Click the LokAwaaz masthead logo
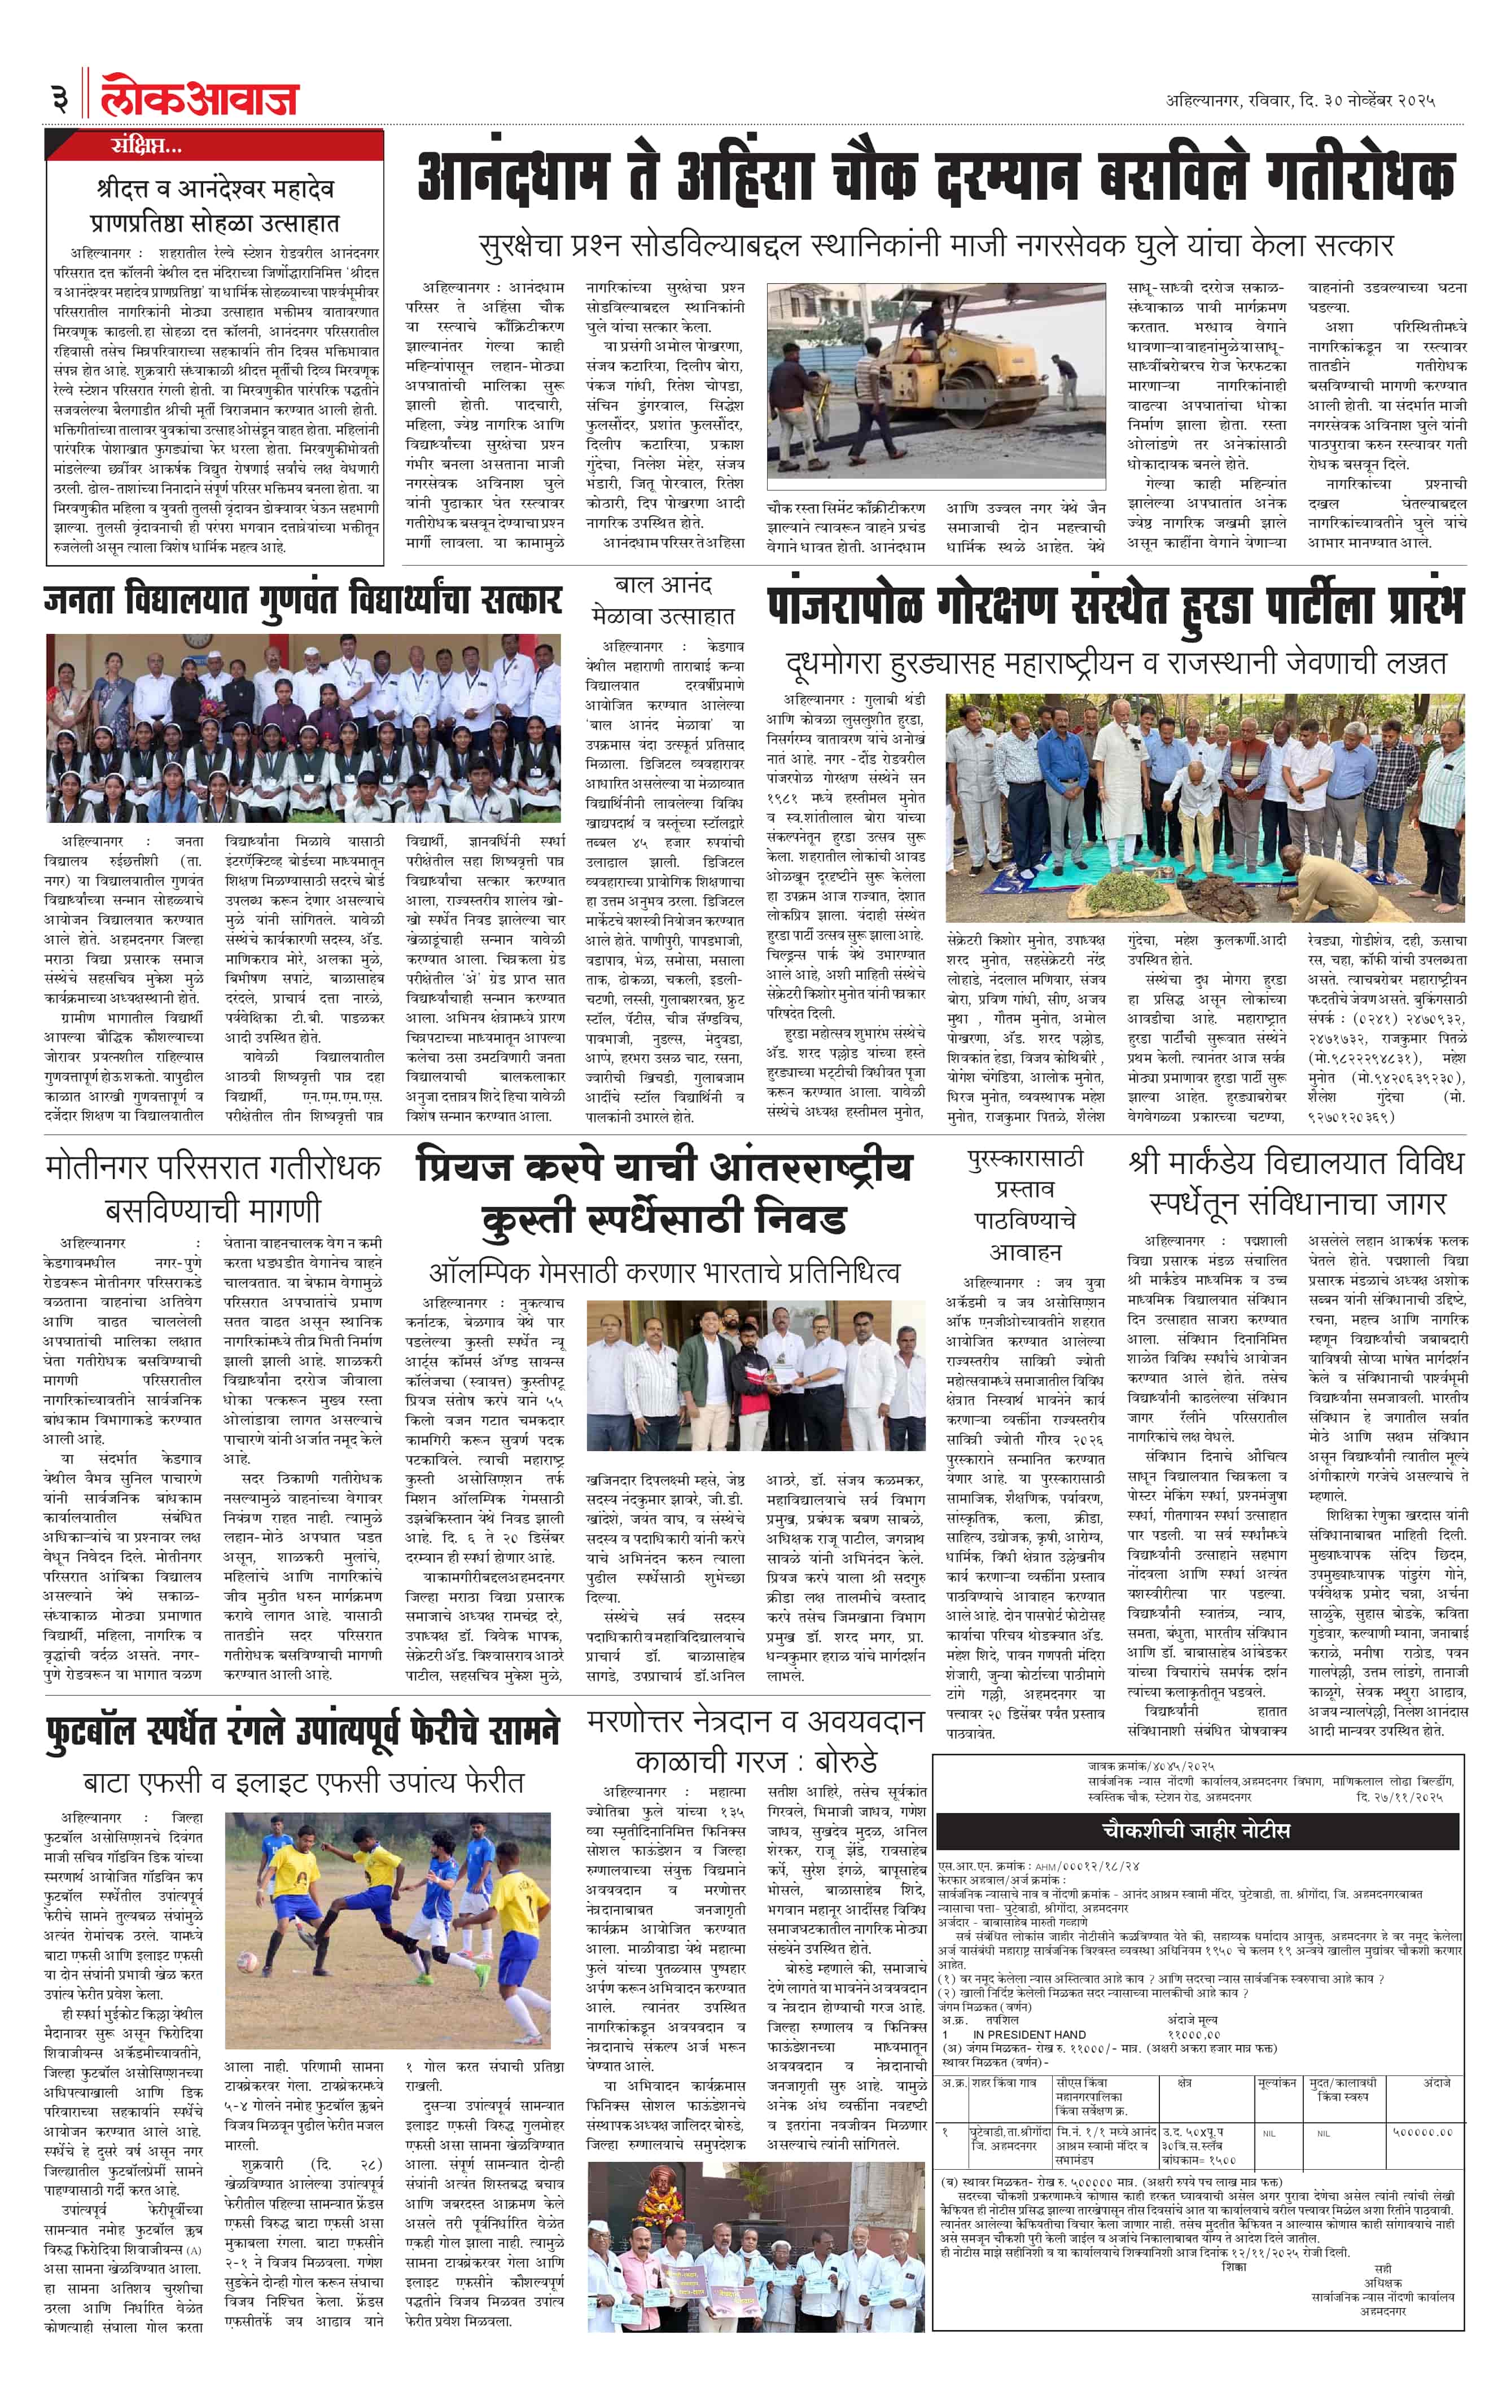[199, 98]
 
